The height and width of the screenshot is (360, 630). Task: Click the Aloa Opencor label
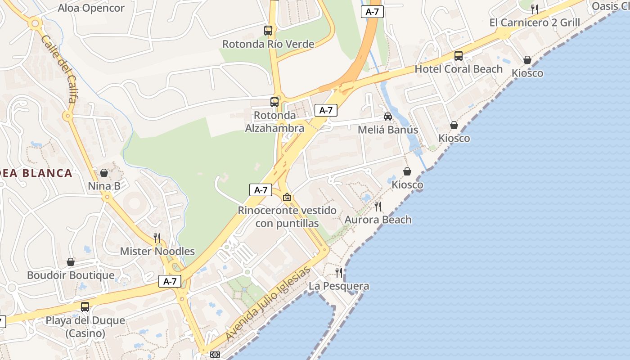(91, 8)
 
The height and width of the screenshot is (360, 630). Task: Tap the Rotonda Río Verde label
(268, 44)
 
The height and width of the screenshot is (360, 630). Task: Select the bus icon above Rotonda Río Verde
(268, 31)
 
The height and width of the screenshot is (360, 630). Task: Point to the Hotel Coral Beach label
(459, 69)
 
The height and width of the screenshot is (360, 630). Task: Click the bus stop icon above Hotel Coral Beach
(459, 56)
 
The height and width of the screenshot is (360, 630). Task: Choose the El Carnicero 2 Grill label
(535, 22)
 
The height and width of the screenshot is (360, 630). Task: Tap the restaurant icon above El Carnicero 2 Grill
(535, 9)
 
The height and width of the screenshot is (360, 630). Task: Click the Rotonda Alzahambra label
(274, 122)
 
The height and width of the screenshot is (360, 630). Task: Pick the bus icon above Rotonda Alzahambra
(274, 102)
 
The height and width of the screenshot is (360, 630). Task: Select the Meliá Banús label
(388, 130)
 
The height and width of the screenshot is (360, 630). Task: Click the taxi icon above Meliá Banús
(388, 117)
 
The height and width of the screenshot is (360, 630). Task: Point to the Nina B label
(104, 186)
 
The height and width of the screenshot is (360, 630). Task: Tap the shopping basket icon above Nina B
(104, 173)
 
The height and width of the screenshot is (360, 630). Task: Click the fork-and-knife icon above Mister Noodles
(157, 238)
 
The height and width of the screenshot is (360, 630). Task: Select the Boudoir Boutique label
(71, 275)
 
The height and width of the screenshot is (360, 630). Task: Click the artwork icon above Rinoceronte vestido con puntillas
(287, 197)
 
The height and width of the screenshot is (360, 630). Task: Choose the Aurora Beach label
(378, 220)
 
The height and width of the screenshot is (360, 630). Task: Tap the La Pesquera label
(339, 286)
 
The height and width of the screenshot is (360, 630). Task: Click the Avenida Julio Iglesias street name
(268, 303)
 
